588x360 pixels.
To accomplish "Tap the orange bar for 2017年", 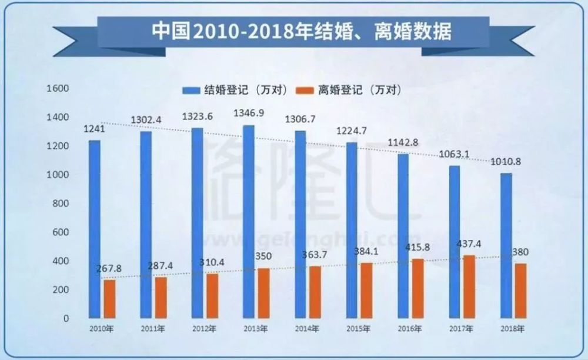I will click(x=469, y=286).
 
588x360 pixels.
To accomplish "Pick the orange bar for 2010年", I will click(x=109, y=299).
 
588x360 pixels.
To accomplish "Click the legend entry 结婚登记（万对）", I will click(x=238, y=90).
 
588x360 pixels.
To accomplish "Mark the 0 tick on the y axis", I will click(x=66, y=318).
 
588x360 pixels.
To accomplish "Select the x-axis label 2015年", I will click(x=358, y=329).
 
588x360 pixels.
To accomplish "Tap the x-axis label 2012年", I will click(x=203, y=329).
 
